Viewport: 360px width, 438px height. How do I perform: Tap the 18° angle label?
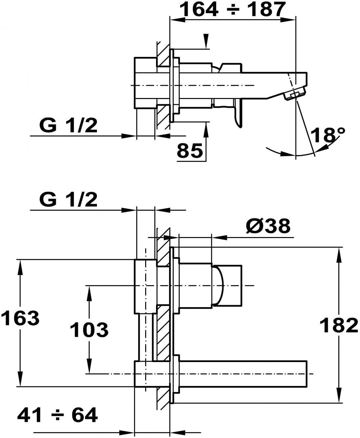point(327,135)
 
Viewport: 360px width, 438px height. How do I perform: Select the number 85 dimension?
point(190,151)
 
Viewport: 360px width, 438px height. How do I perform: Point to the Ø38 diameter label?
point(268,226)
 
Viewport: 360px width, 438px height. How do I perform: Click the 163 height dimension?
point(20,319)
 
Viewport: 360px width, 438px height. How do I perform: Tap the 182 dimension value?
point(339,325)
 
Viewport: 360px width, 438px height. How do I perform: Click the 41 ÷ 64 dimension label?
point(57,415)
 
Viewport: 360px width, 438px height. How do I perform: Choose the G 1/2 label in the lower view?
point(68,200)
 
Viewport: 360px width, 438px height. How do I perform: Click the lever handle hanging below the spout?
point(238,113)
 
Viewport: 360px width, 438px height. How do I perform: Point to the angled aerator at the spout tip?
point(294,94)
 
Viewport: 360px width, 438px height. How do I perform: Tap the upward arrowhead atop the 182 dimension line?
point(339,253)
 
